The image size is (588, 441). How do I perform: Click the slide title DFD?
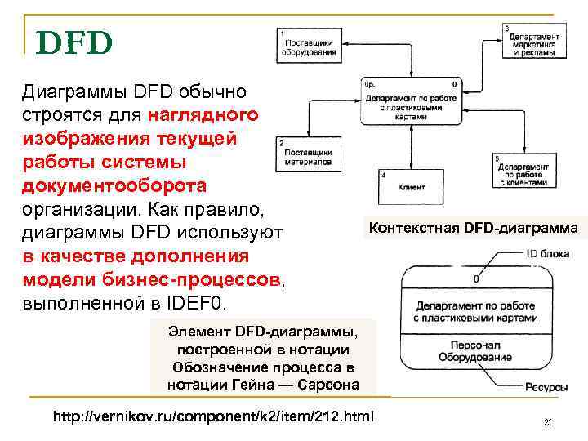[74, 42]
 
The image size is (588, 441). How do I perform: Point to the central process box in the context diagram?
[411, 103]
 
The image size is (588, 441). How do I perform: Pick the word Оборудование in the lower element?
[475, 356]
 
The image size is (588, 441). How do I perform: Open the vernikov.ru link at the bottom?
[213, 416]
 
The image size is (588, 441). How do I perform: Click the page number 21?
[548, 422]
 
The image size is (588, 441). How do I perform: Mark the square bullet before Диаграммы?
[10, 91]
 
